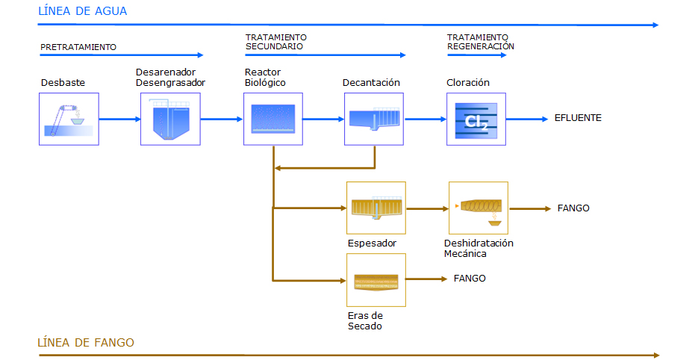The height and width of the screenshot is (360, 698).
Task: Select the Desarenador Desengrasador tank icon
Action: click(171, 120)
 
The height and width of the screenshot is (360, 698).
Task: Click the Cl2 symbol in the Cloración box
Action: click(476, 122)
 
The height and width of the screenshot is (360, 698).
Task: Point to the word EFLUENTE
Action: click(578, 118)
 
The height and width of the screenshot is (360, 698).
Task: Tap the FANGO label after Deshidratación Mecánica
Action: click(573, 208)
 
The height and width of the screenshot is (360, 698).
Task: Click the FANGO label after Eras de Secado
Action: click(470, 279)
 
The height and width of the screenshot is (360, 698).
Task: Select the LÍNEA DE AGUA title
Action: click(83, 11)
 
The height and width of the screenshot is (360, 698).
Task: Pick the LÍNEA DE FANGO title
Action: click(86, 342)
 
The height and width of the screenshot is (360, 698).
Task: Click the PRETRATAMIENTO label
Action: click(78, 47)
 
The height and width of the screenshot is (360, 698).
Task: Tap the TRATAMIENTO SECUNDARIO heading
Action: click(276, 42)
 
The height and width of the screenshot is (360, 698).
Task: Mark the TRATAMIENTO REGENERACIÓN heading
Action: click(481, 42)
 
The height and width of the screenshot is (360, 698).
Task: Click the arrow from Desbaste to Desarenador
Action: click(119, 119)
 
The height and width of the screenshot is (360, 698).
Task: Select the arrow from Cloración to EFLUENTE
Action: click(527, 119)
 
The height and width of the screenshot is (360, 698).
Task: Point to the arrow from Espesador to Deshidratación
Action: click(427, 208)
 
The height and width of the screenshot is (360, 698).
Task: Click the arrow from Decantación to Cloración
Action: click(426, 119)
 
